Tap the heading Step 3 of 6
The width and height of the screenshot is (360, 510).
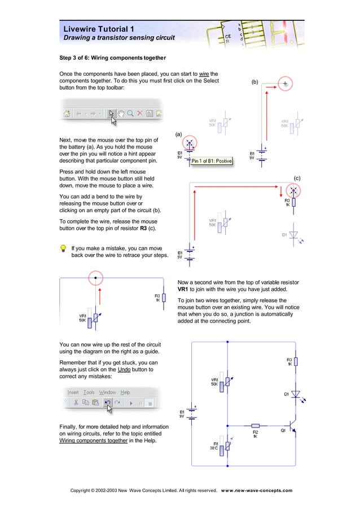(113, 58)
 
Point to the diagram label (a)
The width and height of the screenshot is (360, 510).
(178, 134)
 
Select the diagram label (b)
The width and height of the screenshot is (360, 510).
(255, 82)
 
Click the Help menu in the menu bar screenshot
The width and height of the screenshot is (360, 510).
(125, 392)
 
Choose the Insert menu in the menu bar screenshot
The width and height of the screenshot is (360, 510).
(73, 392)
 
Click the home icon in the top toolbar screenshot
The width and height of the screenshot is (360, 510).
(67, 114)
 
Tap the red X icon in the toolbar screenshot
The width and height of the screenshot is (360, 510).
(139, 114)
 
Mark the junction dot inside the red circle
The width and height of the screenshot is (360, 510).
(96, 277)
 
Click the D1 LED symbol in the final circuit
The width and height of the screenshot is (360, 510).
(295, 394)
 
